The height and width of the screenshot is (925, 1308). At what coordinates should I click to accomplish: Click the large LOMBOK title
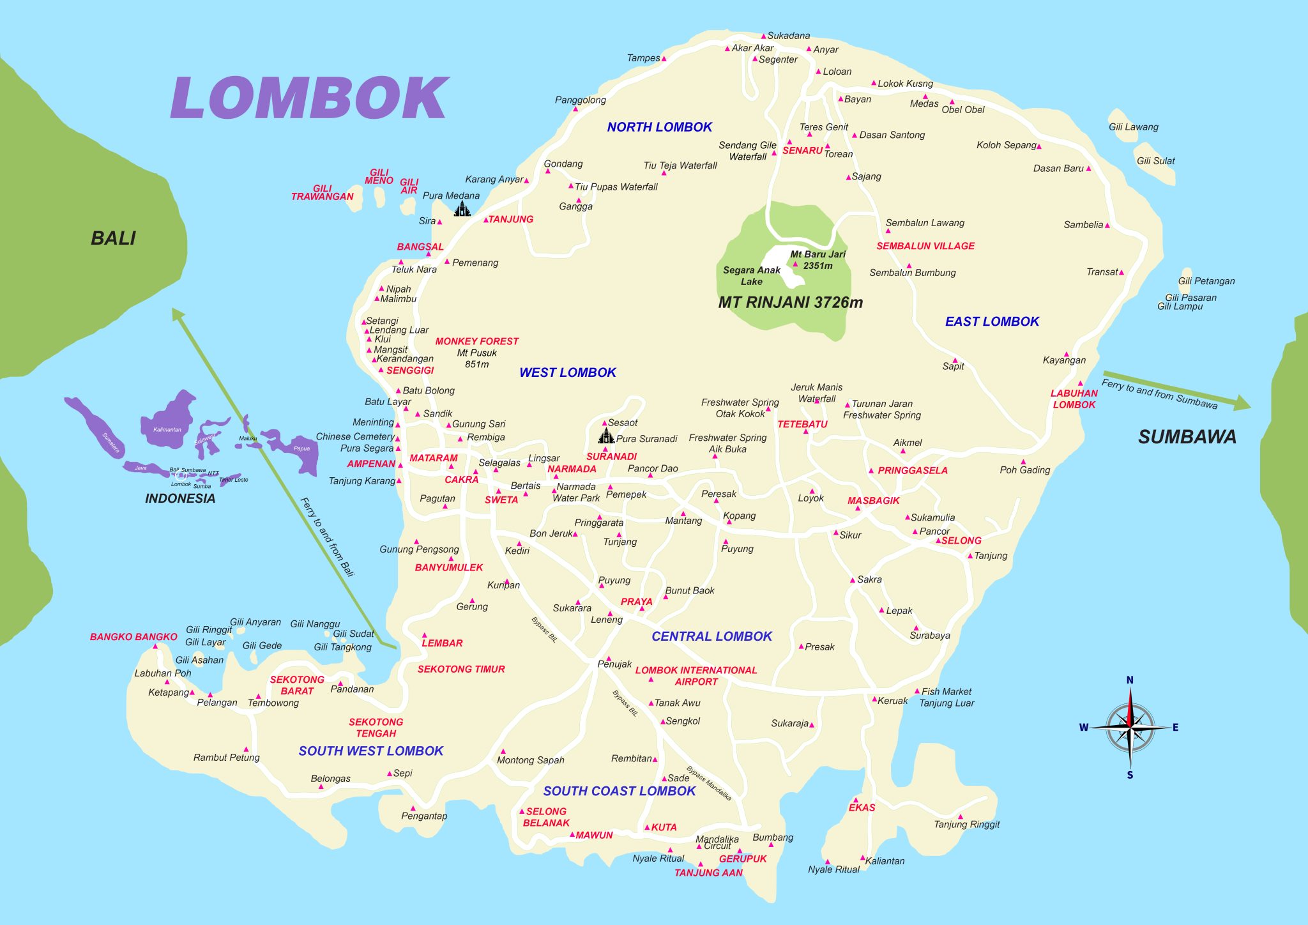[x=309, y=98]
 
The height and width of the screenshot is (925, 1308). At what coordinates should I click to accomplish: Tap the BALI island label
[x=114, y=238]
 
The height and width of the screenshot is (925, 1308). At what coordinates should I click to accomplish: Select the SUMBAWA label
[x=1187, y=437]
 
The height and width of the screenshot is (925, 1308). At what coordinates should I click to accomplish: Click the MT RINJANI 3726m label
[x=790, y=302]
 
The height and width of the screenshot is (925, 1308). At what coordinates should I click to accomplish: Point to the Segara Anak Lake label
[x=752, y=275]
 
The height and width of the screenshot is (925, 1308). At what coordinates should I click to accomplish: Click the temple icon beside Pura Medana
[x=462, y=208]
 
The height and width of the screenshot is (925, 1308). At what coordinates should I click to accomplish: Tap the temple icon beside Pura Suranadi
[x=605, y=436]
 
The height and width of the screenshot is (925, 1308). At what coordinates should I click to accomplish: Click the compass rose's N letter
[x=1129, y=680]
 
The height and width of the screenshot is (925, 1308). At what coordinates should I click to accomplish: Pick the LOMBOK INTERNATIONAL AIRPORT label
[x=696, y=676]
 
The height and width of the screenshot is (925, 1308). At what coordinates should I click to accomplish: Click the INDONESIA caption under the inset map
[x=180, y=498]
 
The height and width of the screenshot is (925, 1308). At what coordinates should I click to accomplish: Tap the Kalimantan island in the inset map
[x=168, y=418]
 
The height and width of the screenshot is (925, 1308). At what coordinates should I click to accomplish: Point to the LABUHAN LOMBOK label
[x=1074, y=399]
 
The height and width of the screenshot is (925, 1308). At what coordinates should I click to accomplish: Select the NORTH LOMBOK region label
[x=659, y=127]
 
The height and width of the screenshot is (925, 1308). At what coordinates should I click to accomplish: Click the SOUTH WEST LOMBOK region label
[x=370, y=751]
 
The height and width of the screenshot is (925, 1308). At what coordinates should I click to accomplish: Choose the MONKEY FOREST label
[x=476, y=341]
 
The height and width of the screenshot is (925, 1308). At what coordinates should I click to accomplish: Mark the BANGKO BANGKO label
[x=133, y=637]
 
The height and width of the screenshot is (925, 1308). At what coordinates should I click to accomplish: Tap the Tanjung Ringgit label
[x=966, y=824]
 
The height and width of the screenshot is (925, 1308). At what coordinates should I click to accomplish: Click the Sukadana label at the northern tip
[x=788, y=36]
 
